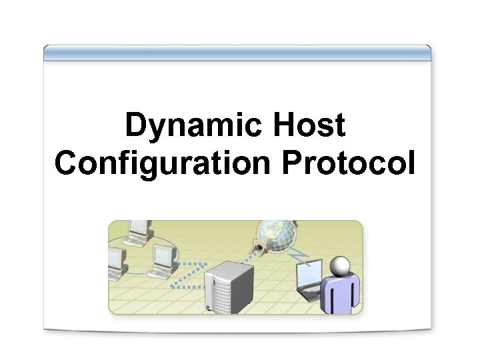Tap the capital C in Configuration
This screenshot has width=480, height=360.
coord(66,163)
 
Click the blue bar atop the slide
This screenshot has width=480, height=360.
coord(237,52)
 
